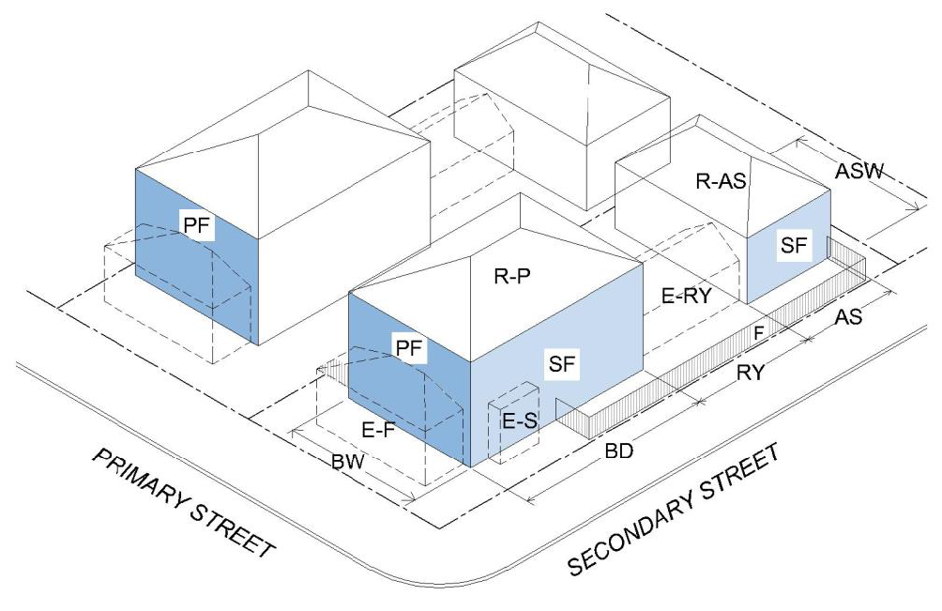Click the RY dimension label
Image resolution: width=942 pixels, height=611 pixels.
[750, 373]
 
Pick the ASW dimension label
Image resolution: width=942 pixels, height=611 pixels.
[863, 173]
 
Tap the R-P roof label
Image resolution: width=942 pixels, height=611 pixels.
[514, 277]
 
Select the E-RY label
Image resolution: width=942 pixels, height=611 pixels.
[687, 296]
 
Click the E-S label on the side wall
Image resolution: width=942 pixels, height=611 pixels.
[519, 421]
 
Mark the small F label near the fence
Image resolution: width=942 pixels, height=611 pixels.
[760, 330]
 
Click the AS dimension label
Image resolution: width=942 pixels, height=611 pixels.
[848, 318]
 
